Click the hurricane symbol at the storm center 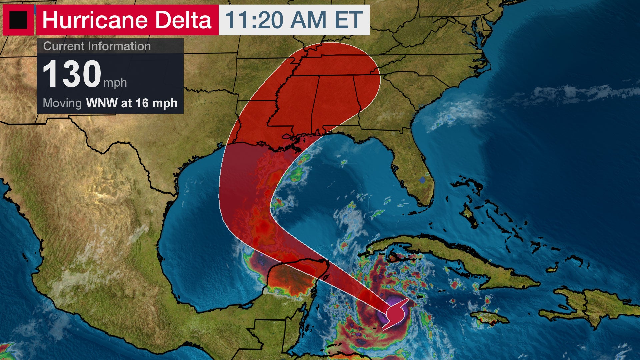click(x=396, y=314)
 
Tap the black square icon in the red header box click(x=18, y=20)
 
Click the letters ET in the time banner click(x=349, y=20)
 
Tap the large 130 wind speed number click(x=72, y=74)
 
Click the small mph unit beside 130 click(x=115, y=82)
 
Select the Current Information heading click(x=97, y=46)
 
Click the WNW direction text click(x=102, y=103)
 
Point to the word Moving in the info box click(x=62, y=103)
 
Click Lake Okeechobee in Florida click(x=423, y=180)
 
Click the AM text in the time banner click(x=308, y=20)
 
